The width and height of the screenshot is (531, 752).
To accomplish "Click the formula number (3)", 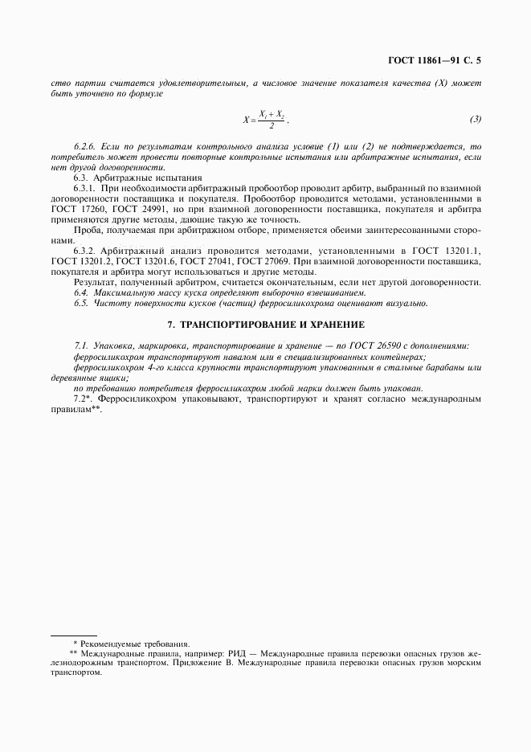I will coord(476,120).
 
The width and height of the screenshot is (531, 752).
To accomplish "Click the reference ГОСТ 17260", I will coord(77,207).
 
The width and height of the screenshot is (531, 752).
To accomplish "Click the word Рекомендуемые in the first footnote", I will coord(109,644).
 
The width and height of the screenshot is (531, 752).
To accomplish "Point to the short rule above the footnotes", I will coord(73,635).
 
